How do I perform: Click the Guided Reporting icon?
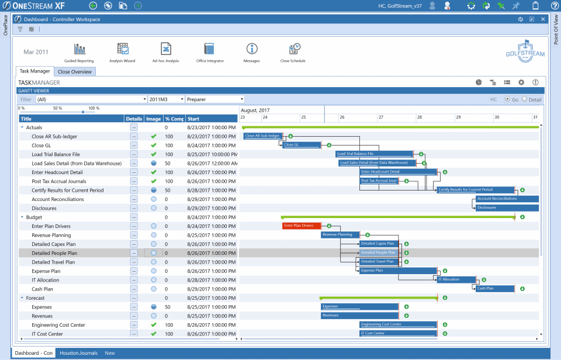[79, 49]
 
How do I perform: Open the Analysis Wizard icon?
[122, 49]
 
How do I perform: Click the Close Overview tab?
[75, 72]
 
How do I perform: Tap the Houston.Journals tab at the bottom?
[78, 353]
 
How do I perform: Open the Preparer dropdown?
[214, 99]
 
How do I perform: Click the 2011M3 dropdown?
[166, 99]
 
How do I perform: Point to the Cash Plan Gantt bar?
[494, 288]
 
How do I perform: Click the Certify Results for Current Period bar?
[475, 189]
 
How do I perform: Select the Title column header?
[70, 119]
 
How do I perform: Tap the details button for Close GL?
[134, 146]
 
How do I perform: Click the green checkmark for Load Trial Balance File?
[154, 154]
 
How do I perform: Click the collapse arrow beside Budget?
[22, 217]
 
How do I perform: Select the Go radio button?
[507, 99]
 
